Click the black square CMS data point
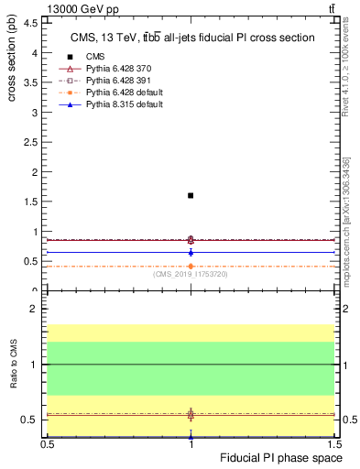click(191, 195)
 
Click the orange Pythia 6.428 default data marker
click(191, 267)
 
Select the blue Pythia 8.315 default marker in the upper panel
click(191, 252)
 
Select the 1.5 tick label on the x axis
click(334, 443)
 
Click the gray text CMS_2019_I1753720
click(191, 274)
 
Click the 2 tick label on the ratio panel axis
click(35, 310)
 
